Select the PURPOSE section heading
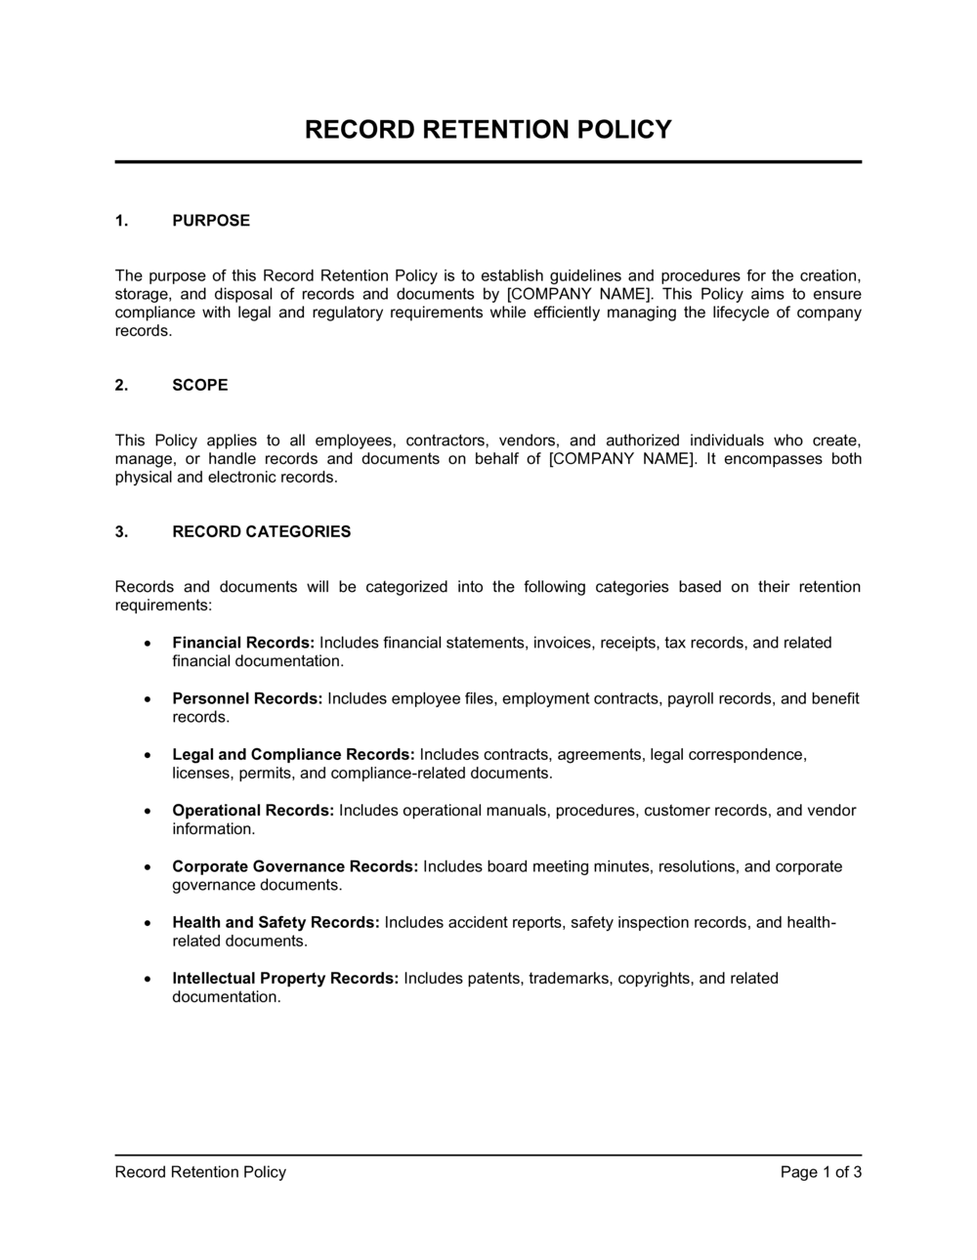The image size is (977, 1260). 211,221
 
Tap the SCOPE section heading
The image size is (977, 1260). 200,385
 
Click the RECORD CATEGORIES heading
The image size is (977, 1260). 261,532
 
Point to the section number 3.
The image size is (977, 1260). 121,532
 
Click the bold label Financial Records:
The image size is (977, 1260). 243,643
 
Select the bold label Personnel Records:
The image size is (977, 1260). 247,698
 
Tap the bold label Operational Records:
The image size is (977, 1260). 253,811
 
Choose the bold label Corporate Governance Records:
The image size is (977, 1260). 295,866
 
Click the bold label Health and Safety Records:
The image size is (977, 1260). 276,922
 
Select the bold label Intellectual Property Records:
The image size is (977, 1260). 285,979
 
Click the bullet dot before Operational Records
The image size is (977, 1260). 147,812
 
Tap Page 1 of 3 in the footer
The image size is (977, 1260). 821,1172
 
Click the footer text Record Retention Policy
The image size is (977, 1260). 200,1172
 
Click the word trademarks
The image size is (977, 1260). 569,979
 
